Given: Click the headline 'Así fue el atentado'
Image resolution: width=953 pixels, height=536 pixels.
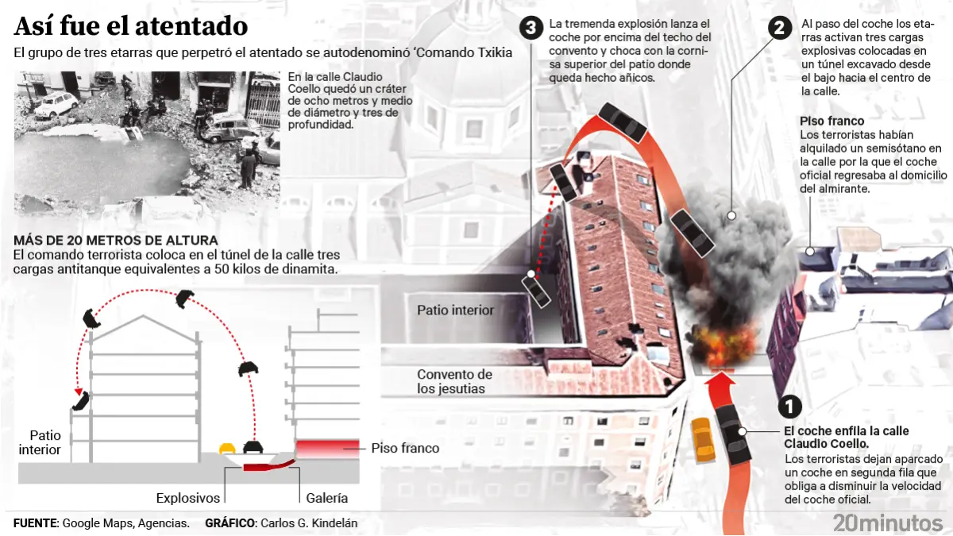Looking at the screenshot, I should tap(131, 26).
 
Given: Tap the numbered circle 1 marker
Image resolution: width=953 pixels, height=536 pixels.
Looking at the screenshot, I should tap(788, 407).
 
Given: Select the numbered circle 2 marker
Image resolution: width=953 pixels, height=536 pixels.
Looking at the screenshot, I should tap(780, 28).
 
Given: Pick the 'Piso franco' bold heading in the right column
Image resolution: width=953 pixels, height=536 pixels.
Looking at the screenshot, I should tap(831, 121).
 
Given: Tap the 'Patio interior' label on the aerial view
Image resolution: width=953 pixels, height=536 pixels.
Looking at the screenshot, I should tap(456, 310).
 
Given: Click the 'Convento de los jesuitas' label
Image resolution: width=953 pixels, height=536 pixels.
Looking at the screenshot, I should tap(455, 381).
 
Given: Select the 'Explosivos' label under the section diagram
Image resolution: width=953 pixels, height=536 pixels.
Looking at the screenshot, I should tap(187, 498).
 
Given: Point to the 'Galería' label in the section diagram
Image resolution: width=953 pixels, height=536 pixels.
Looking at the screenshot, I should tap(327, 498).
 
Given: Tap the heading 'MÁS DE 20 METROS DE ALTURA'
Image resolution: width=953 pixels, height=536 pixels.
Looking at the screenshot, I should tap(116, 241).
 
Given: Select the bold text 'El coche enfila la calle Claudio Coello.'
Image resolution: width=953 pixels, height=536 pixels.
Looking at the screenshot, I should tap(847, 437).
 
